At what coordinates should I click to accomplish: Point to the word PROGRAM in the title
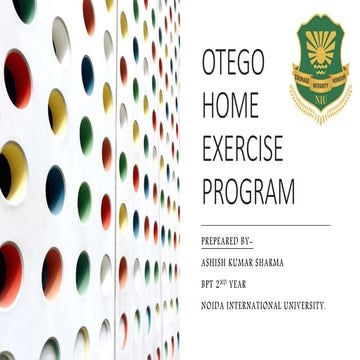point(249,190)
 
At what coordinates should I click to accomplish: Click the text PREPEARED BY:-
point(228,242)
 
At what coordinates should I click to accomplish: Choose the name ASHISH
point(216,262)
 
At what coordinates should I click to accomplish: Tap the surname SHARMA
point(270,262)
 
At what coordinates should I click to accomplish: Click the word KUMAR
point(243,262)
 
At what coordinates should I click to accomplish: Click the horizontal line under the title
point(265,226)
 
